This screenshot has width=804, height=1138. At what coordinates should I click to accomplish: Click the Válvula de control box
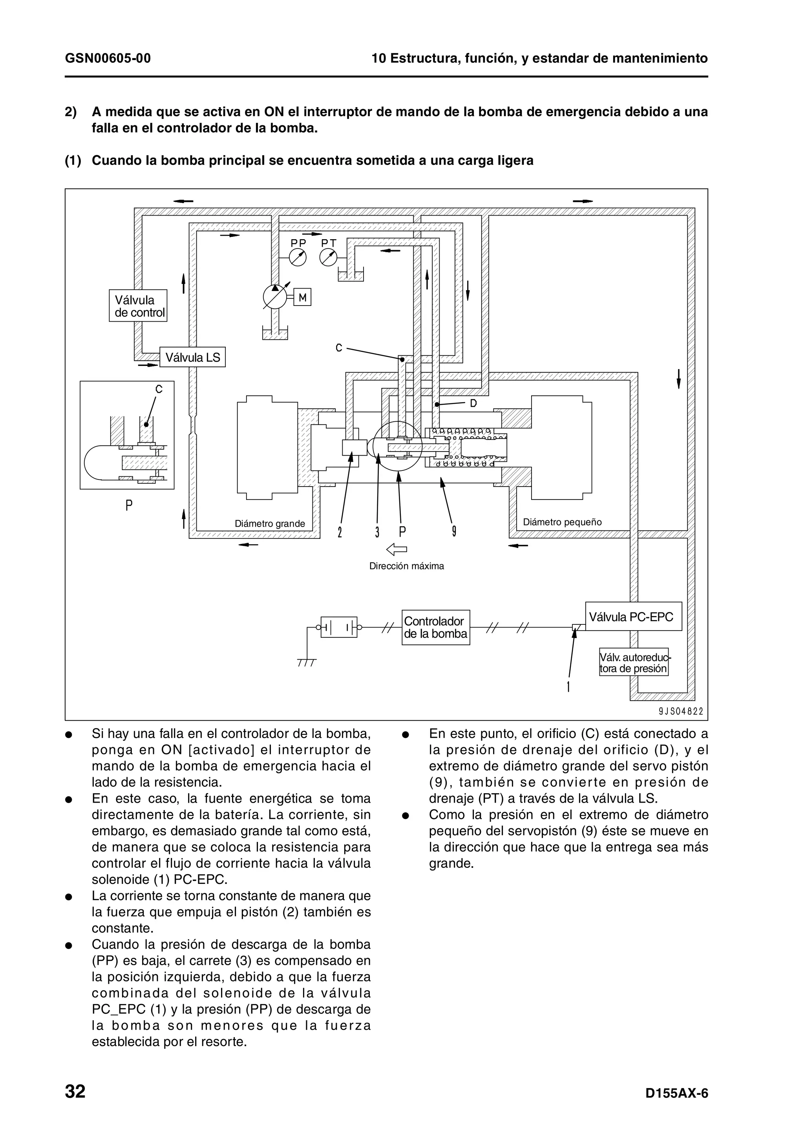[x=138, y=306]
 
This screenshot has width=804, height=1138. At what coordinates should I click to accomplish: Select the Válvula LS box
[x=192, y=357]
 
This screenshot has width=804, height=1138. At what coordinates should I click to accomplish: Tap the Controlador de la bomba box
[x=435, y=628]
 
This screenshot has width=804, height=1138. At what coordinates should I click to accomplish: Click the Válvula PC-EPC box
[x=633, y=617]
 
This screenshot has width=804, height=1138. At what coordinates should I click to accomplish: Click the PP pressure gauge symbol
[x=298, y=257]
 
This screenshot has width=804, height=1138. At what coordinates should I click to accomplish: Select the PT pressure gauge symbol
[x=328, y=257]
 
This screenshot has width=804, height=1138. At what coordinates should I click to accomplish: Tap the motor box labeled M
[x=302, y=298]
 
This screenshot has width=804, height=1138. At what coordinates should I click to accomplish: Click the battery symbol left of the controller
[x=339, y=627]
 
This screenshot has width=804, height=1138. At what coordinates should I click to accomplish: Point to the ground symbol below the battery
[x=307, y=662]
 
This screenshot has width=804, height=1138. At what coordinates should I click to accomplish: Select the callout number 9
[x=454, y=532]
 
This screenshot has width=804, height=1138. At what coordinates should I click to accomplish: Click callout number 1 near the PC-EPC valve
[x=568, y=687]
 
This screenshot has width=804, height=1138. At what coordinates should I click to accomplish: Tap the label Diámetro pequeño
[x=562, y=522]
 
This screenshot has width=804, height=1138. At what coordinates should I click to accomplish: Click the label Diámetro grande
[x=269, y=524]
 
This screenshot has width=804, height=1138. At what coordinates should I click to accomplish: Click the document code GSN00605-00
[x=108, y=59]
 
